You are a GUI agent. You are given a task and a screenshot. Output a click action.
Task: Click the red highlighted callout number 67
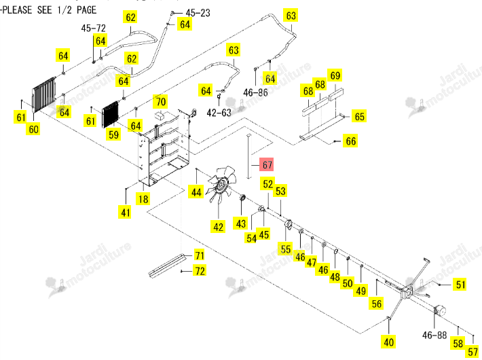tap(267, 165)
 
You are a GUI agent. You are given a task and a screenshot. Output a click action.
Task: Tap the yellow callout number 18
tap(143, 199)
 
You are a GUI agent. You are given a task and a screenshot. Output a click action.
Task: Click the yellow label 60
tap(33, 129)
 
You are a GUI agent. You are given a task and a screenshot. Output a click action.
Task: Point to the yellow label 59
tap(114, 134)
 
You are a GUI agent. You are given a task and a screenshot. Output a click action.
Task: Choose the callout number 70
tap(161, 101)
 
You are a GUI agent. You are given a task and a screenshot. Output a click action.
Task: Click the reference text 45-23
tap(198, 13)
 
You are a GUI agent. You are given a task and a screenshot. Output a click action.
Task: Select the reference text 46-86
tap(255, 92)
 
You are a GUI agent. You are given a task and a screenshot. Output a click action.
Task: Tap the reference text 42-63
tap(219, 113)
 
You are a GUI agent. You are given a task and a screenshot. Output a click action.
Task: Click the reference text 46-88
tap(434, 335)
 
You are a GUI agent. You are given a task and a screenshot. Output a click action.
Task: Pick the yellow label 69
tap(335, 75)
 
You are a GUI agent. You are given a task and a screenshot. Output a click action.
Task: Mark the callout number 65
tap(359, 117)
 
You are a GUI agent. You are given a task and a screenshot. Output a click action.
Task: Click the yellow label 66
tap(351, 141)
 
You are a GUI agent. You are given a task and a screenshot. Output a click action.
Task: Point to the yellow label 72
tap(200, 271)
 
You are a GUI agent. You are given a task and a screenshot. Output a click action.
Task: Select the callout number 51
tap(460, 285)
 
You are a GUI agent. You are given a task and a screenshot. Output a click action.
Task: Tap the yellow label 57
tap(473, 352)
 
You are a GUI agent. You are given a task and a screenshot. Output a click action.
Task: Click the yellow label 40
tap(388, 342)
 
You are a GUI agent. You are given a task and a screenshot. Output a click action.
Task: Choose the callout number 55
tap(286, 249)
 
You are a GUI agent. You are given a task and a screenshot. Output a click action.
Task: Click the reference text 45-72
tap(94, 29)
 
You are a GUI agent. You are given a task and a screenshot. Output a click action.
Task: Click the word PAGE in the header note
tap(86, 10)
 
